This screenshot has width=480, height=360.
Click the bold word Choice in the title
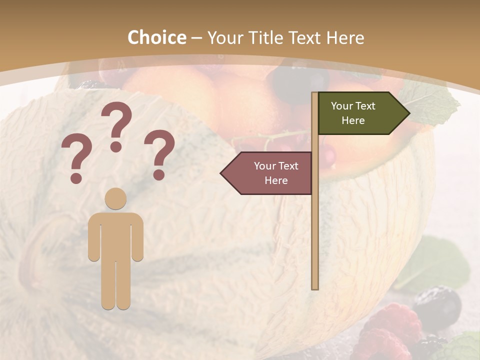[156, 37]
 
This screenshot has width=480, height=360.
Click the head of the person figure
[116, 198]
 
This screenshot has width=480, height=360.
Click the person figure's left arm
[93, 240]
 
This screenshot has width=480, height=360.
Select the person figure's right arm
[138, 240]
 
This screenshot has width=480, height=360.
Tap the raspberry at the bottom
[392, 330]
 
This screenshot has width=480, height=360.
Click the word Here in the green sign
[353, 120]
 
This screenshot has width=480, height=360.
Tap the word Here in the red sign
[276, 180]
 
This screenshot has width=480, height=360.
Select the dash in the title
[196, 38]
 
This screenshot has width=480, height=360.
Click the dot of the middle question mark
[116, 146]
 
